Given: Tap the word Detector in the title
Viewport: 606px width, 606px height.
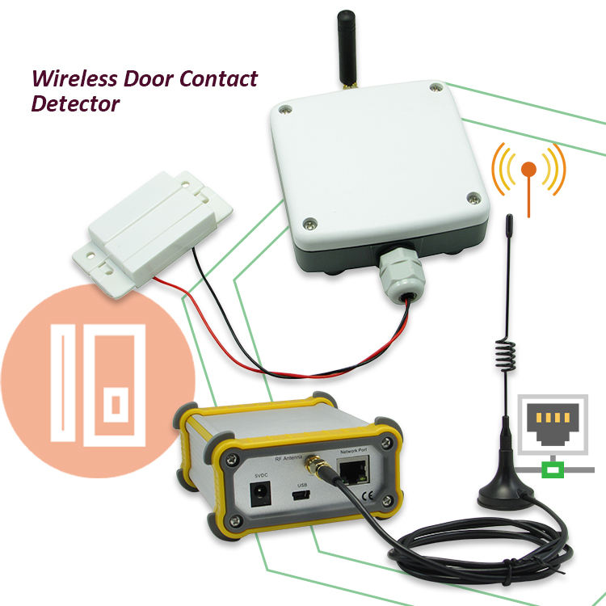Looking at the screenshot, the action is [x=75, y=105].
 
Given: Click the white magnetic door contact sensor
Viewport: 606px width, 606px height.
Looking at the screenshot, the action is [x=154, y=222].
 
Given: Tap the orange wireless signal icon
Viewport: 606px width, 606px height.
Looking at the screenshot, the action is [x=528, y=171].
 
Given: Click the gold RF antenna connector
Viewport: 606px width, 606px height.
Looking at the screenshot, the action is [x=313, y=467].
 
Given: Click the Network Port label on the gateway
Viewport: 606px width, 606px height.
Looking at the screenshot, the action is [x=355, y=454].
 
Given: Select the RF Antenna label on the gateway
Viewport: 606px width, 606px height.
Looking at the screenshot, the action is [x=288, y=458].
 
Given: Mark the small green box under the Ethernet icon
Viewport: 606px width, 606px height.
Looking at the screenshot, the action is [x=553, y=467].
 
